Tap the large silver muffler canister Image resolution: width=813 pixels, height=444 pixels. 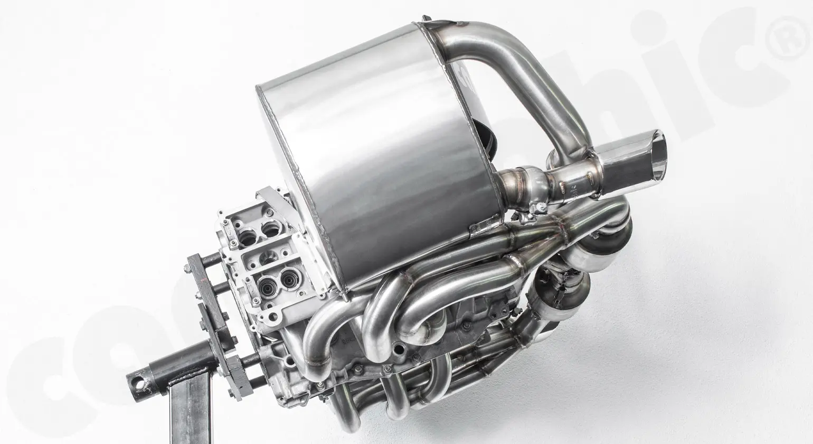(x=380, y=159)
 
